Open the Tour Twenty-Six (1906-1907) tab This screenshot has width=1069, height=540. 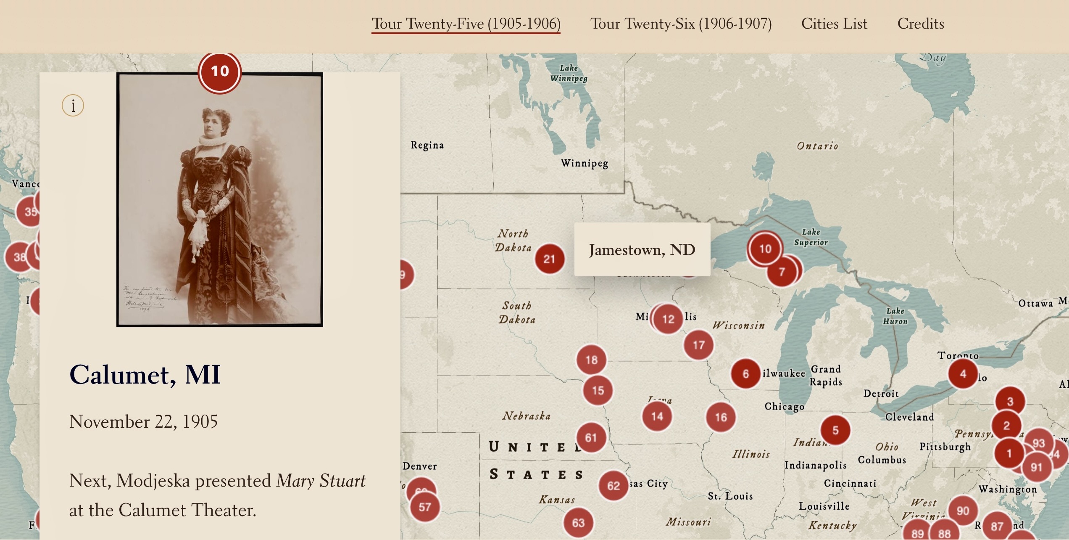(681, 24)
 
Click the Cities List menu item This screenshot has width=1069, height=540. (834, 24)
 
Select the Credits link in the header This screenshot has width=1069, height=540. (921, 24)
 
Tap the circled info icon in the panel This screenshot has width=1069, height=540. (73, 106)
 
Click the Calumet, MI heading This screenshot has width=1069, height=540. (145, 374)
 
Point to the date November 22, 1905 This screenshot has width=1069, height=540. (143, 421)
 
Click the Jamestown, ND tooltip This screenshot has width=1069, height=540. (642, 250)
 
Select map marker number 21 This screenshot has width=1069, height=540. (549, 259)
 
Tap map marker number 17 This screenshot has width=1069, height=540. (698, 345)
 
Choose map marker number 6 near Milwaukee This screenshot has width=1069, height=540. (745, 373)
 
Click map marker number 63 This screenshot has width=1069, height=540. (578, 522)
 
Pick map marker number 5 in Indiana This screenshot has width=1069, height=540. (835, 430)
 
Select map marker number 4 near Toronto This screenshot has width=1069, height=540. (963, 373)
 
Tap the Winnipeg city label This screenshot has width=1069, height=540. (584, 163)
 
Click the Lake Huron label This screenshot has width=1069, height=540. (895, 316)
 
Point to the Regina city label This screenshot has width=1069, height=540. (427, 145)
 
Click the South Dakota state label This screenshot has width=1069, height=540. (517, 312)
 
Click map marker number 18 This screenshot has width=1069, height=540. (591, 360)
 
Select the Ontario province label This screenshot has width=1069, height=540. (817, 146)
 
